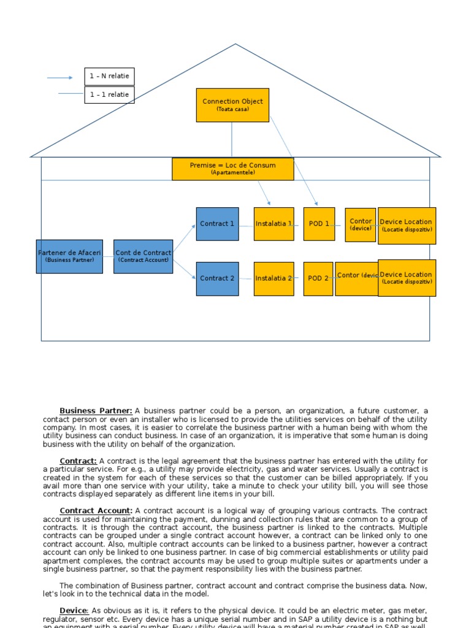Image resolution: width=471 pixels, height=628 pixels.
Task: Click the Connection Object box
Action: tap(232, 105)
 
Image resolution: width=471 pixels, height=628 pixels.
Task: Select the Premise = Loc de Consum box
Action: tap(232, 169)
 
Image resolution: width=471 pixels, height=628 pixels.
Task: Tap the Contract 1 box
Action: tap(217, 224)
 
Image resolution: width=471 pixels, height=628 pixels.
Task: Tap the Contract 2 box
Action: tap(217, 278)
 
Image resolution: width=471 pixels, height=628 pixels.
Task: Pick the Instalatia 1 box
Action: tap(274, 224)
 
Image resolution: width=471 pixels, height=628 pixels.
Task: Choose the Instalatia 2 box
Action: tap(274, 278)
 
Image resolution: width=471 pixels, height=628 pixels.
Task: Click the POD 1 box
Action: tap(319, 224)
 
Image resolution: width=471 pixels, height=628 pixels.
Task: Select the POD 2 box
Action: tap(318, 278)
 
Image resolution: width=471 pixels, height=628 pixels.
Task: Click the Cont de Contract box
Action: tap(143, 256)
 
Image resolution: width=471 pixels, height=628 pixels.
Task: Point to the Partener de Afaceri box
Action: tap(69, 256)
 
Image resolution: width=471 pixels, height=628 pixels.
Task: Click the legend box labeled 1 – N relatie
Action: tap(109, 77)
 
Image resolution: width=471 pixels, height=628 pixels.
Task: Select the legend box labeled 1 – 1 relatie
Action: tap(109, 95)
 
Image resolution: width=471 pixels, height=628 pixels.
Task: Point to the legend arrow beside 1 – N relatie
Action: tap(60, 78)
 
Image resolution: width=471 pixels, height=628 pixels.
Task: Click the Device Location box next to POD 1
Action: tap(407, 226)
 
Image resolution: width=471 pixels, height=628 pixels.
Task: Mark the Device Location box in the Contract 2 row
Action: tap(407, 278)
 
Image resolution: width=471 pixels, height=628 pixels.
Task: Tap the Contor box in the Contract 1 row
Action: tap(361, 224)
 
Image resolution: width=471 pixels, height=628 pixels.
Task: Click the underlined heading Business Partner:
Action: tap(96, 411)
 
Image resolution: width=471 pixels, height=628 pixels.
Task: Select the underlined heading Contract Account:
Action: tap(96, 511)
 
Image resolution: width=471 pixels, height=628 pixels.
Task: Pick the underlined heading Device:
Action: tap(74, 611)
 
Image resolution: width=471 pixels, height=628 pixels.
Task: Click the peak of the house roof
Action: tap(235, 45)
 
